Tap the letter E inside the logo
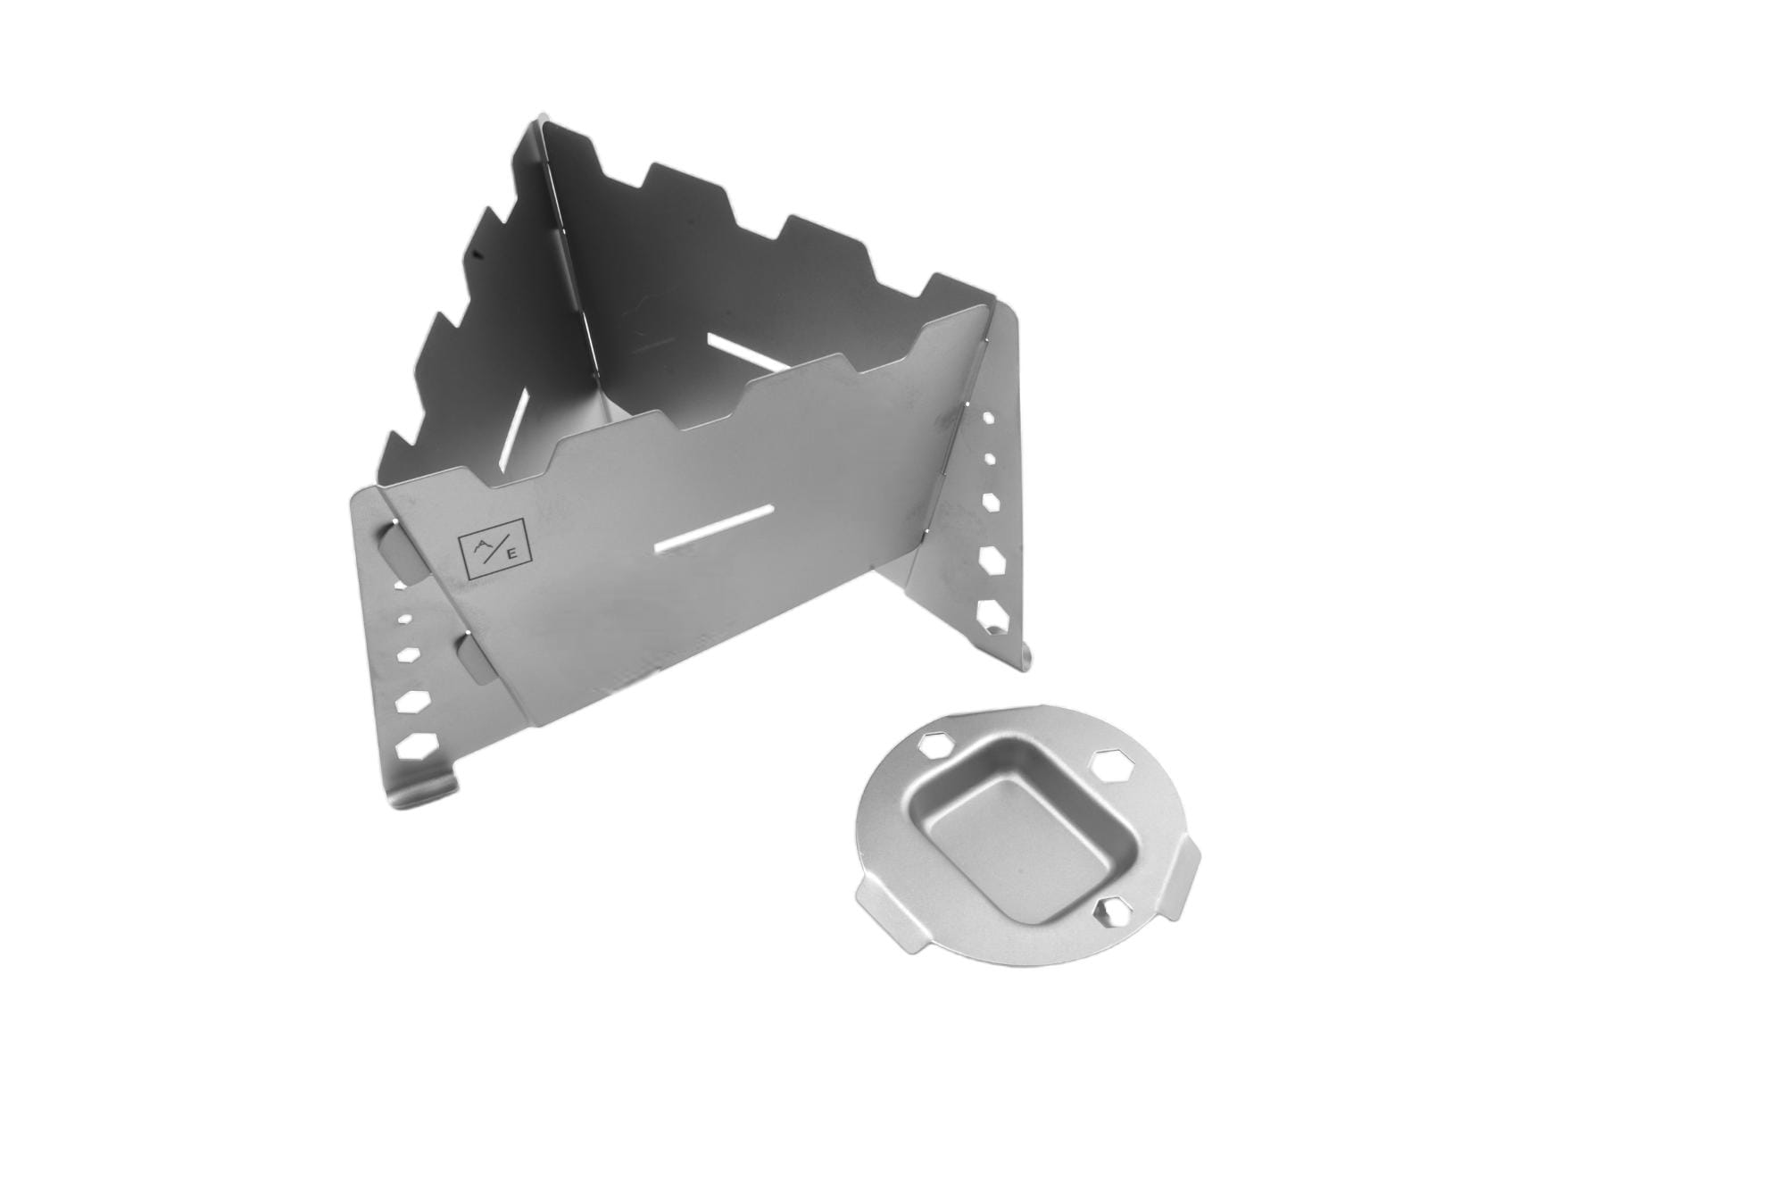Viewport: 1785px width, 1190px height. coord(511,553)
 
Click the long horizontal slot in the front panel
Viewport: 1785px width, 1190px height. coord(713,530)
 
